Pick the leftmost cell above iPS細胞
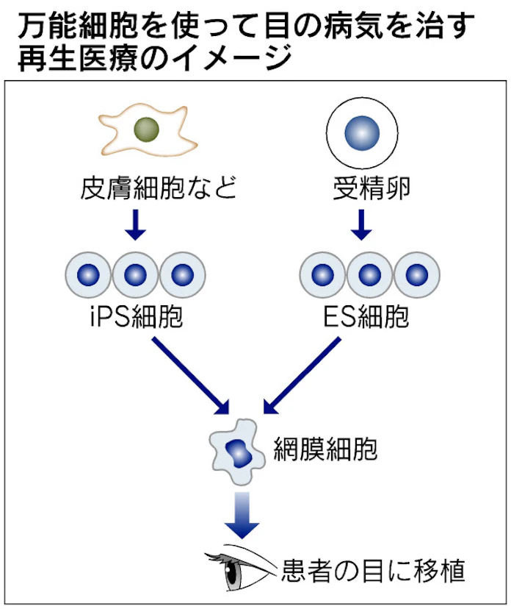[x=88, y=275]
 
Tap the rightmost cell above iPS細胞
[x=182, y=275]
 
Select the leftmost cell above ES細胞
[x=322, y=275]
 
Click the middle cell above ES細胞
[x=369, y=275]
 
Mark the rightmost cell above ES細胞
[x=416, y=275]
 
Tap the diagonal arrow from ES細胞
[x=302, y=376]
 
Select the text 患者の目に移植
[x=373, y=570]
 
